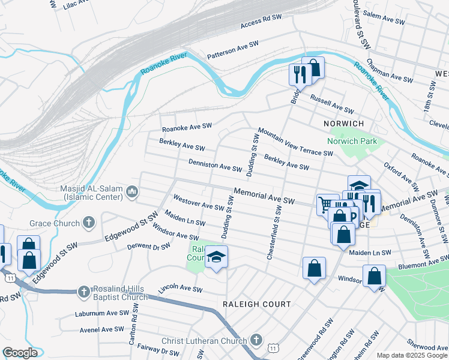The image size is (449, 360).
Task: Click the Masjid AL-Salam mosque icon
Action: pyautogui.click(x=132, y=193)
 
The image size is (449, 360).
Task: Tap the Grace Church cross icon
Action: pyautogui.click(x=88, y=223)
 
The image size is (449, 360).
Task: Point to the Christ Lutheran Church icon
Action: pyautogui.click(x=256, y=341)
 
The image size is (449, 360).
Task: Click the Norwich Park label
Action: pyautogui.click(x=351, y=142)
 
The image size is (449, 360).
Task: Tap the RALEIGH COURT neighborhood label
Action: pyautogui.click(x=256, y=304)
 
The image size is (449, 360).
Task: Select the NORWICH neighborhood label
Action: pyautogui.click(x=344, y=123)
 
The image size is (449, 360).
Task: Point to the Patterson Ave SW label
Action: pyautogui.click(x=236, y=50)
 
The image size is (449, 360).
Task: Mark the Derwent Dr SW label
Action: pyautogui.click(x=149, y=246)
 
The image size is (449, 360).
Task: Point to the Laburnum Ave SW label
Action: pyautogui.click(x=101, y=313)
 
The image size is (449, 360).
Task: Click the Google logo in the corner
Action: pyautogui.click(x=20, y=353)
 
